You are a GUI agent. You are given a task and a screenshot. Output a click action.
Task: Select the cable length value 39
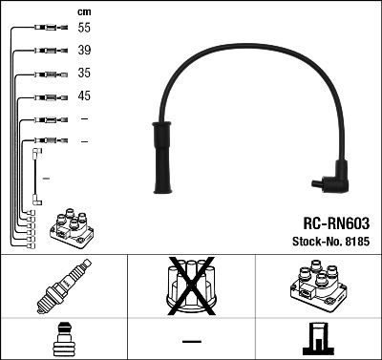coord(84,52)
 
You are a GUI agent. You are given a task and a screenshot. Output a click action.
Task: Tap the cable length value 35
coord(84,74)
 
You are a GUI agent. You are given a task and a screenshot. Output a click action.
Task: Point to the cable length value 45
coord(84,95)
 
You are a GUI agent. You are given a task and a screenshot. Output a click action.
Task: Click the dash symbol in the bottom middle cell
coord(192,341)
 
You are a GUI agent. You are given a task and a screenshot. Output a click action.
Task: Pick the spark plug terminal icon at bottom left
coord(64,339)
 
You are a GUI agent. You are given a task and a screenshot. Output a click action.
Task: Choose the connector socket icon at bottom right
coord(317,339)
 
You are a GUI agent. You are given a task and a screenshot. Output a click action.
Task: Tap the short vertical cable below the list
coord(36,177)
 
